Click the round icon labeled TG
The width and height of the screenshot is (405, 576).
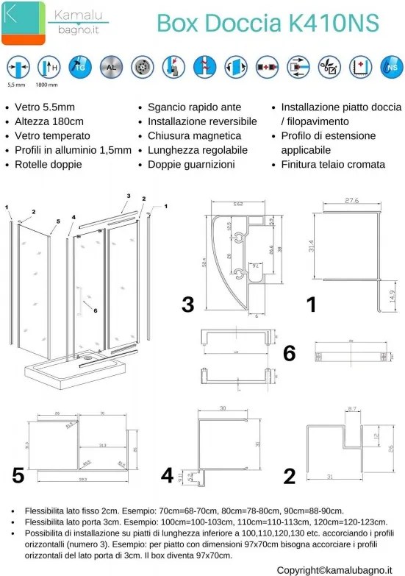pos(79,68)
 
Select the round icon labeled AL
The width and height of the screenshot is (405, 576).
pos(110,68)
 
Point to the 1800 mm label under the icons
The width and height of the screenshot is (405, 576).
pos(48,85)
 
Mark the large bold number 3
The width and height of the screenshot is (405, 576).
pos(188,304)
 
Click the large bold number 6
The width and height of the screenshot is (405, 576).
pos(289,354)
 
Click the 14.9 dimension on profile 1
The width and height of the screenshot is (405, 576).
pos(391,296)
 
